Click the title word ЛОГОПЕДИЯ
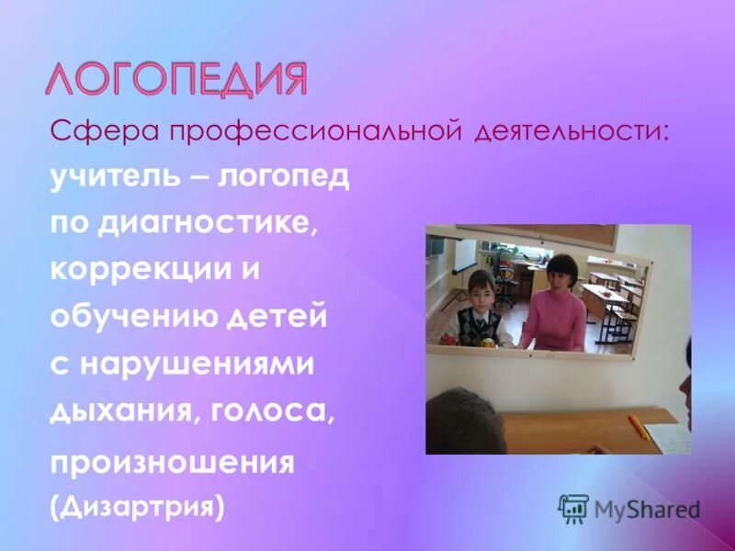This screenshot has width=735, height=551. [x=175, y=80]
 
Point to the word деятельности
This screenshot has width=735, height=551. [x=570, y=131]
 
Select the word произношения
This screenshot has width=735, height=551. [x=172, y=462]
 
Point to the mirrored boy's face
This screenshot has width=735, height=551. [x=479, y=287]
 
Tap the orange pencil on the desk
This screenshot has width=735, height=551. [x=639, y=426]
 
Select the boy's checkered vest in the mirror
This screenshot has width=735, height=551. [x=479, y=324]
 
